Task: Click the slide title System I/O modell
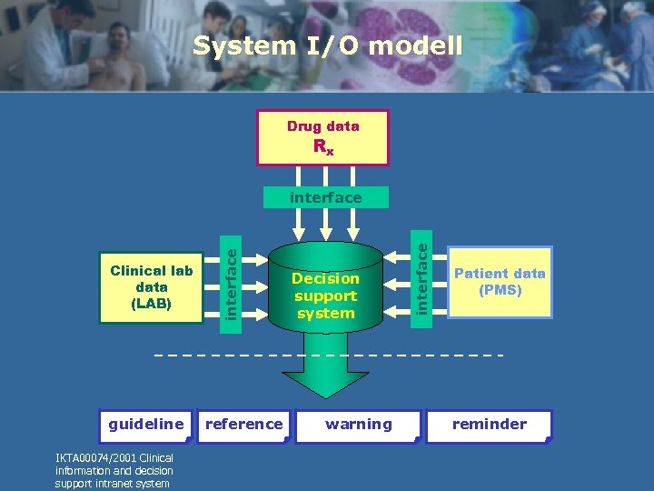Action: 327,45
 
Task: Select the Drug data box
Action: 322,137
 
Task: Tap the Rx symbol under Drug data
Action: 322,147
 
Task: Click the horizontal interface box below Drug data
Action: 325,197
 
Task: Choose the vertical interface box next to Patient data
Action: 421,272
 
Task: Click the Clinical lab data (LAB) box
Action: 151,286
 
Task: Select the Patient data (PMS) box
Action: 500,282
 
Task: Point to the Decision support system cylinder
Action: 325,291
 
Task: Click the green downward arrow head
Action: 325,382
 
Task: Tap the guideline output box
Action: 146,425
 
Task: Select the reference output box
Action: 243,425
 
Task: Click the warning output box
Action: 360,425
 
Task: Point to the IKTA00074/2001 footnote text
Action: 114,470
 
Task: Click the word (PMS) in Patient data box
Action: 500,291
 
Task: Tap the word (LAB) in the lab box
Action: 151,303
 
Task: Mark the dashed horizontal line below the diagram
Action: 327,353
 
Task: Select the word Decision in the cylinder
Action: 325,278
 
